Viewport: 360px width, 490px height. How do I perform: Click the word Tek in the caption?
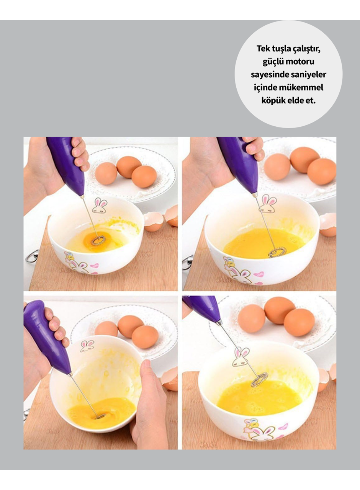pos(263,49)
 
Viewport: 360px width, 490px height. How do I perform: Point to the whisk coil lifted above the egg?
pos(260,379)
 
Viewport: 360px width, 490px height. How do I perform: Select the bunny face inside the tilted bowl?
pos(87,346)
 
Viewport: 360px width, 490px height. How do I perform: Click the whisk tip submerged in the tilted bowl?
pos(99,415)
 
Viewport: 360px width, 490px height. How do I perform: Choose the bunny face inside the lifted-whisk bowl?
pos(241,357)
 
